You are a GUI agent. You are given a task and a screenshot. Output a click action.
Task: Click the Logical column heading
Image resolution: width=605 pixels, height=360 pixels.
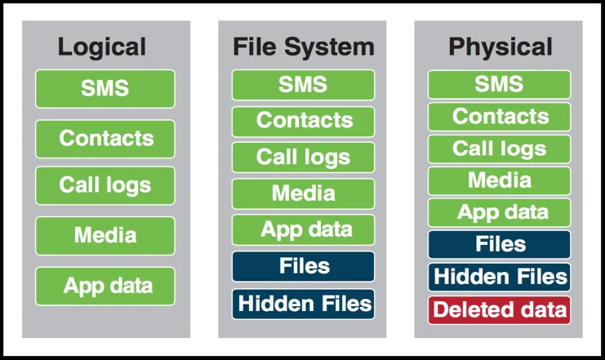coord(101,47)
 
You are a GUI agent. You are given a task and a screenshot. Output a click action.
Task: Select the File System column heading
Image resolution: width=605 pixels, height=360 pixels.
coord(303,47)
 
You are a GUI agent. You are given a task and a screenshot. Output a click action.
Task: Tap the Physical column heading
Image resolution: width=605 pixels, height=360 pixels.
coord(500,47)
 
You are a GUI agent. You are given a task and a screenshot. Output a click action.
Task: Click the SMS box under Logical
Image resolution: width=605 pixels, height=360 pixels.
coord(105,88)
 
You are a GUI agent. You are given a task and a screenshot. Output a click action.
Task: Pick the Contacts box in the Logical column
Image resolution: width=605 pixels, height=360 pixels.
coord(105,138)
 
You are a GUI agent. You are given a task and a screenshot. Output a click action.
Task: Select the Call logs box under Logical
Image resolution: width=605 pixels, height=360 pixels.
coord(105,185)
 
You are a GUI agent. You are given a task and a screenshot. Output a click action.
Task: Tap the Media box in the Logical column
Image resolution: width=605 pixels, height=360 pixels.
coord(105,236)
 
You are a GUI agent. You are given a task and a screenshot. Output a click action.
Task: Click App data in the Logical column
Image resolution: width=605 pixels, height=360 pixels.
coord(105,286)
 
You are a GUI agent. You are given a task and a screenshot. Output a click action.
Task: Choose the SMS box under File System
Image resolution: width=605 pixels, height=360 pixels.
coord(303,85)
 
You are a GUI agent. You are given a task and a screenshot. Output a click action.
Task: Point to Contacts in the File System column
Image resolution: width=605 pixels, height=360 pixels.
coord(303,121)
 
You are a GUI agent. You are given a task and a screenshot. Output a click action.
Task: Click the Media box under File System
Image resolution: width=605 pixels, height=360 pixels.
coord(303,193)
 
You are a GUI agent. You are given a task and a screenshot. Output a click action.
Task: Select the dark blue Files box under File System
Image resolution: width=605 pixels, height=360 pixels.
coord(303,266)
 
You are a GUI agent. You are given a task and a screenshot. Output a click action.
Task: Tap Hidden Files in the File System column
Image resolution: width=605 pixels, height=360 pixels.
coord(303,304)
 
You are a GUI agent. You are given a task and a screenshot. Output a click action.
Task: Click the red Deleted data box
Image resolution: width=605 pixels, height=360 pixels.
coord(500,310)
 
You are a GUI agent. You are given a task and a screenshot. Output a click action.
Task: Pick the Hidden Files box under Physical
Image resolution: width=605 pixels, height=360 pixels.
coord(500,277)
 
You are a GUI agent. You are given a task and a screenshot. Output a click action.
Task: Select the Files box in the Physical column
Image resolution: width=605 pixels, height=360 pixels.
coord(500,244)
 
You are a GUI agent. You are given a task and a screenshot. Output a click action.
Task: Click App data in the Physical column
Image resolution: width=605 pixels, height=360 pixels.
coord(500,212)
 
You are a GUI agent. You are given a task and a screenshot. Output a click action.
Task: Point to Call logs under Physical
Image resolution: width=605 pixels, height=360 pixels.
coord(500,149)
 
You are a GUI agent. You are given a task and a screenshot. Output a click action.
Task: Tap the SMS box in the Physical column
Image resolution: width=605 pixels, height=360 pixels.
coord(500,84)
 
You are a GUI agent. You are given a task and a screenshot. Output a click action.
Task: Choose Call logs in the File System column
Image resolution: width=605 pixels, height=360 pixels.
coord(303,157)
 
